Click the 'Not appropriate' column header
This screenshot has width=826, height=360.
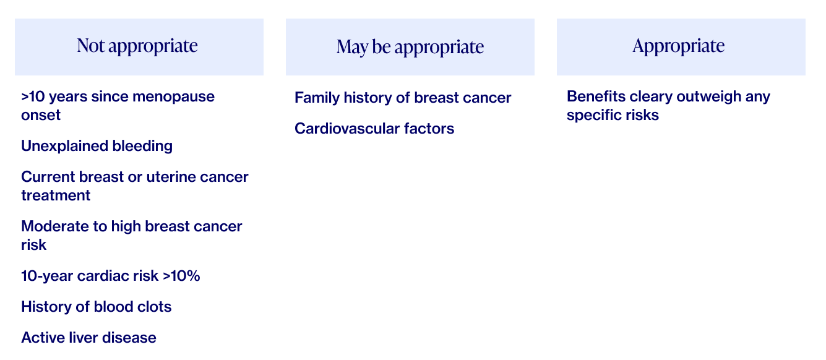137,46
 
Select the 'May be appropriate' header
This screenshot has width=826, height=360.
410,47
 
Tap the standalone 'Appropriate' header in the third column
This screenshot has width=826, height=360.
679,46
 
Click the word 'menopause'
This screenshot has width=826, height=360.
173,96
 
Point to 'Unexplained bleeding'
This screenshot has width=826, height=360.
97,146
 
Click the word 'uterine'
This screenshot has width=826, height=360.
171,177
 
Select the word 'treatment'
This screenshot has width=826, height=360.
56,195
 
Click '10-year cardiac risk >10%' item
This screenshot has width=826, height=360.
111,276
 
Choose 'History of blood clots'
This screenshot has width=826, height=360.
97,307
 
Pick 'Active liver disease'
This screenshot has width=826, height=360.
88,338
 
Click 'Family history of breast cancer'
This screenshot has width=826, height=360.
403,98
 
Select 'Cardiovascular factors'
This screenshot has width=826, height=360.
374,129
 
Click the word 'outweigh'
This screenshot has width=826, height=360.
708,97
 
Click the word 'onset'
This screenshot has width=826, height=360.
41,115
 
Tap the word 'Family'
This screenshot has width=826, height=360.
317,98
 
